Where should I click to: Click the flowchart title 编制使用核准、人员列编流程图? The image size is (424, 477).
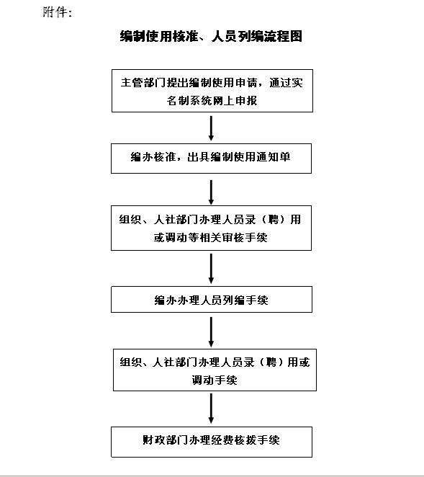tap(211, 36)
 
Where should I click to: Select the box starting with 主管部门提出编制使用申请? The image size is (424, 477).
tap(212, 91)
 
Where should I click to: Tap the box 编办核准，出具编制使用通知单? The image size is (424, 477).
tap(211, 159)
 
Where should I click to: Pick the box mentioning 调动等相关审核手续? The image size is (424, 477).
tap(211, 228)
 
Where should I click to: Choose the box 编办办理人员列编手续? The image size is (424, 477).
tap(212, 299)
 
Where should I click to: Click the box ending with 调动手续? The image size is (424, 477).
tap(215, 370)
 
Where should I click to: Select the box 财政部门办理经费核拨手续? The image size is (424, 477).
tap(212, 442)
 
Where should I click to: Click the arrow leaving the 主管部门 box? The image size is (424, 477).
tap(211, 128)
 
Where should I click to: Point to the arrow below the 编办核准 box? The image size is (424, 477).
tap(211, 192)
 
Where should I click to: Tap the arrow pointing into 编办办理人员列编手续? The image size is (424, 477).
tap(211, 269)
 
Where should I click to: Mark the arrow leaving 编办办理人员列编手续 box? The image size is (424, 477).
tap(211, 332)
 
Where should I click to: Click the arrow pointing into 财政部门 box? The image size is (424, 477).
tap(211, 409)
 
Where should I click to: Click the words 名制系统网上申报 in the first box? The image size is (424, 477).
tap(212, 100)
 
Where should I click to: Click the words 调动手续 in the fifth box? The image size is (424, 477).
tap(215, 380)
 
